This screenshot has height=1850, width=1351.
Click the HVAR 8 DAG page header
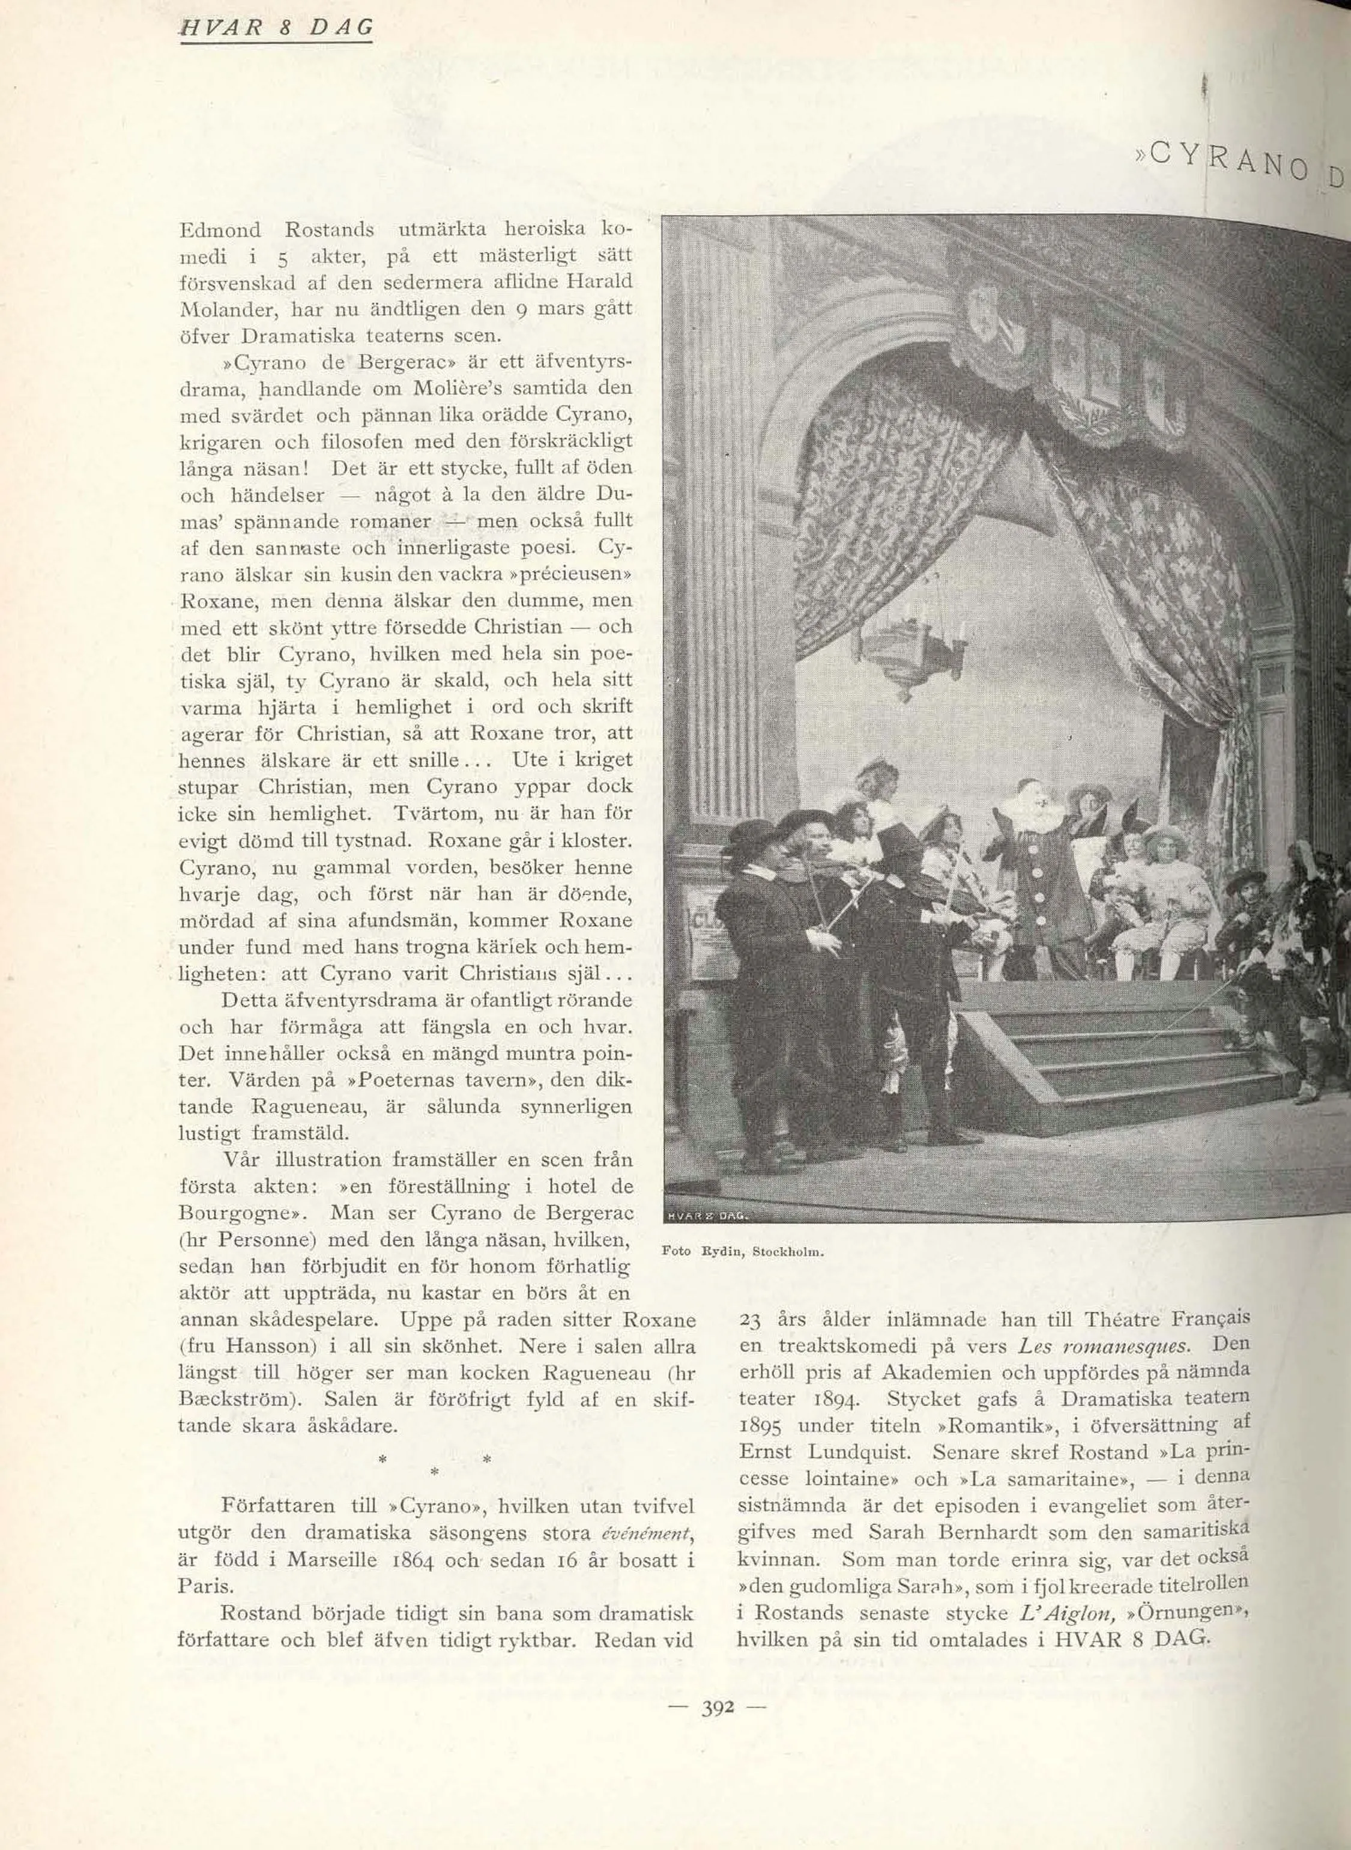(276, 27)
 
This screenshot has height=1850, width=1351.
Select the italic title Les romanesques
(1104, 1345)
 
